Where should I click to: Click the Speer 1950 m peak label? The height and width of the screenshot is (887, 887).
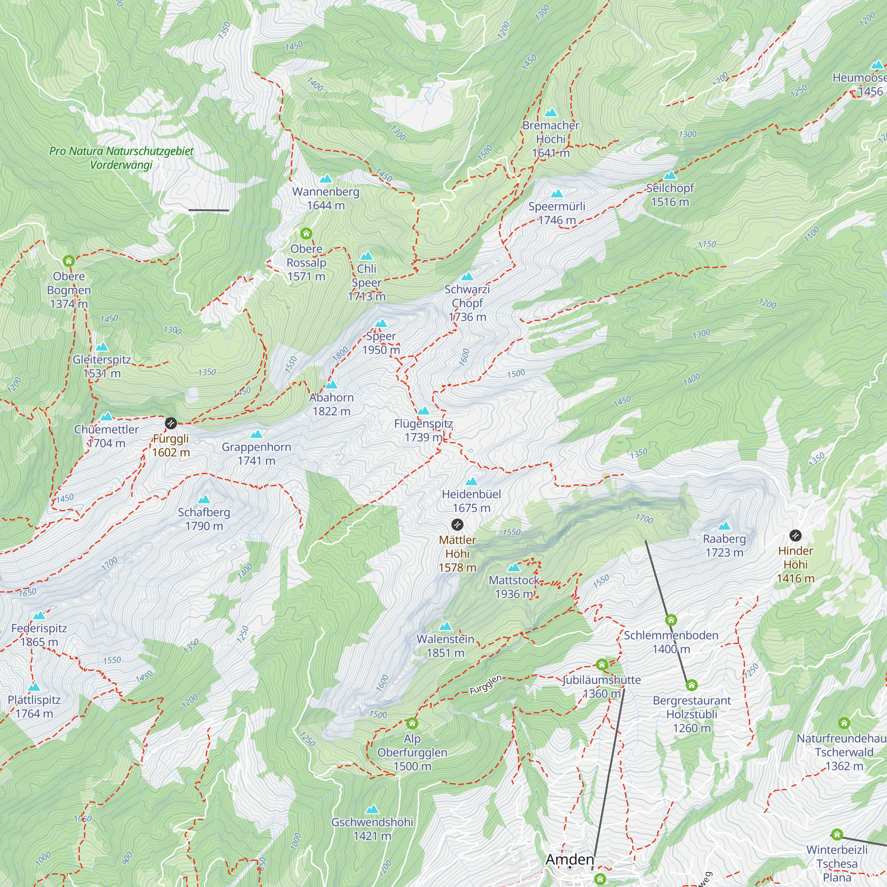(381, 343)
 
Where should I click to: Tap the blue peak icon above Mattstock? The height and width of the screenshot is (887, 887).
(514, 568)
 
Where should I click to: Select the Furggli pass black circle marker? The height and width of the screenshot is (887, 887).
(171, 423)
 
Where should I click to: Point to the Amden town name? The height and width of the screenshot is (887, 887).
(570, 860)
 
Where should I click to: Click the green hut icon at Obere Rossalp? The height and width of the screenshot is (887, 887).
(306, 234)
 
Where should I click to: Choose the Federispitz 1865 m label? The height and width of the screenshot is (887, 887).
(39, 635)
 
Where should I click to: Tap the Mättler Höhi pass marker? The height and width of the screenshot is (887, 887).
(457, 524)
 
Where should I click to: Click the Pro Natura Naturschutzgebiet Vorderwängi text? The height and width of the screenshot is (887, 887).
(121, 157)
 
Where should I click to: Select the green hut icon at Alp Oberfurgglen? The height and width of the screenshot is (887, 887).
(412, 723)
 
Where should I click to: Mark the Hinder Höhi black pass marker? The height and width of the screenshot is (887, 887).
(796, 535)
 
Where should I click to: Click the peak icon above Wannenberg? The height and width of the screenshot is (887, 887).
(326, 179)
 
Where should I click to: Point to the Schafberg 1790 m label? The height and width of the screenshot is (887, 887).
(204, 519)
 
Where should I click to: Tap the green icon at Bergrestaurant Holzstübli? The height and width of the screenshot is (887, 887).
(692, 686)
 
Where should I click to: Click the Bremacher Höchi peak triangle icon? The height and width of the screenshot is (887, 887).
(550, 113)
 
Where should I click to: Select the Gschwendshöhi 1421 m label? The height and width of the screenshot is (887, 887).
(373, 829)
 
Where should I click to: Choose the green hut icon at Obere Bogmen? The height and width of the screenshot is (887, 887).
(69, 261)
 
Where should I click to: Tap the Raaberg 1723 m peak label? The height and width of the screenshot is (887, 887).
(724, 546)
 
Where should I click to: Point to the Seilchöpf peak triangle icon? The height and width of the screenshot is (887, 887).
(670, 175)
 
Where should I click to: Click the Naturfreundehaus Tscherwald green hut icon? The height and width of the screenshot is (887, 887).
(844, 723)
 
